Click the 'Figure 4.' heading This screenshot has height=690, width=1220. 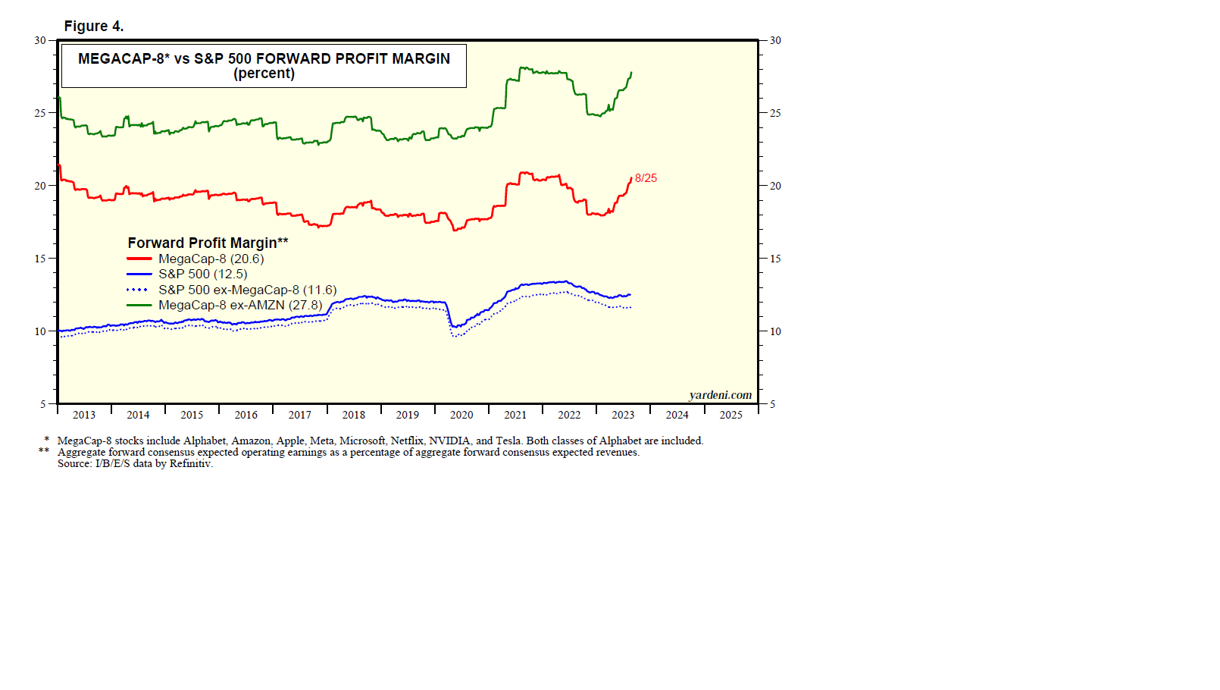[x=94, y=27]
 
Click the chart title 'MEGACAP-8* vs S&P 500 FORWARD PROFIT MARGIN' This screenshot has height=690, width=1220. [x=264, y=58]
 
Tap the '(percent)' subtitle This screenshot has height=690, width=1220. [x=264, y=74]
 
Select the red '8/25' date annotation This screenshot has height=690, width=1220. [x=646, y=178]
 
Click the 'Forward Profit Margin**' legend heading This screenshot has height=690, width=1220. [x=208, y=243]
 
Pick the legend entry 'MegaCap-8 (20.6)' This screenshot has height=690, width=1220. [x=211, y=259]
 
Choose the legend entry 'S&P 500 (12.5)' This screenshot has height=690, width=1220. [x=202, y=274]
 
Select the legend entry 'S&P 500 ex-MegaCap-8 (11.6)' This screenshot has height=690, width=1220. [x=247, y=290]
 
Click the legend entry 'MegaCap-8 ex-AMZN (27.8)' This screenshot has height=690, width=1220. [x=240, y=306]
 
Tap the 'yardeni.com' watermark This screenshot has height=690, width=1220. [x=720, y=395]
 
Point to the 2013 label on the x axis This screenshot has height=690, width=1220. [x=84, y=415]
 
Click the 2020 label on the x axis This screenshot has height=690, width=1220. [x=461, y=415]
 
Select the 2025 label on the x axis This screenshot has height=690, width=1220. [x=730, y=415]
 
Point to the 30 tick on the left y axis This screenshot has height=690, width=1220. [x=40, y=40]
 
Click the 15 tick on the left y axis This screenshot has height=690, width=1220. [x=40, y=259]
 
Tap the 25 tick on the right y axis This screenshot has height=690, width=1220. [x=775, y=113]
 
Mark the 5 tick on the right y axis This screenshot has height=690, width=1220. [x=772, y=404]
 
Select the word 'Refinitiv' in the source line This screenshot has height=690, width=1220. [x=190, y=463]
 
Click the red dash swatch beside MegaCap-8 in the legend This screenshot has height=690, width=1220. [x=139, y=259]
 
